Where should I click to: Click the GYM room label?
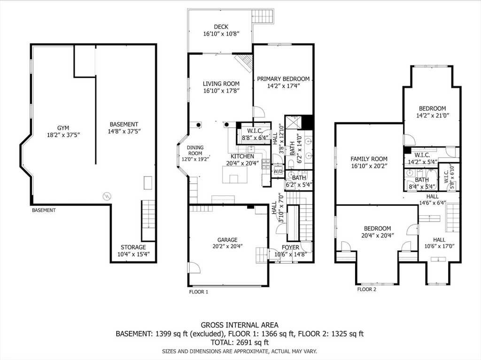point(63,128)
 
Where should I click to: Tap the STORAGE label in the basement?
point(133,247)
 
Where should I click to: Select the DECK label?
point(221,27)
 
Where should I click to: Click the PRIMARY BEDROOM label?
point(283,79)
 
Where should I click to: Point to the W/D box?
point(278,171)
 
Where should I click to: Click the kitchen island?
point(235,174)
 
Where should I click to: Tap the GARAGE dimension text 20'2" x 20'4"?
point(227,246)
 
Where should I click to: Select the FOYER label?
point(290,247)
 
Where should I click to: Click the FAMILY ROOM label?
point(369,159)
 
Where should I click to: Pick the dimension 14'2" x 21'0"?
point(433,116)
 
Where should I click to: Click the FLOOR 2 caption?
point(366,290)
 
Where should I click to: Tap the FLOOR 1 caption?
point(199,292)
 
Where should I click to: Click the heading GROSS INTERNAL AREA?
point(240,325)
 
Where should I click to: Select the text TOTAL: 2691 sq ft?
point(240,342)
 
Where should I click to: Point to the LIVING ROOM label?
point(221,84)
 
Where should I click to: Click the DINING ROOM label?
point(195,150)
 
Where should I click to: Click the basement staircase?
point(148,220)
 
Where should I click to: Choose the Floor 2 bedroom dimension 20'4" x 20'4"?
point(377,235)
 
